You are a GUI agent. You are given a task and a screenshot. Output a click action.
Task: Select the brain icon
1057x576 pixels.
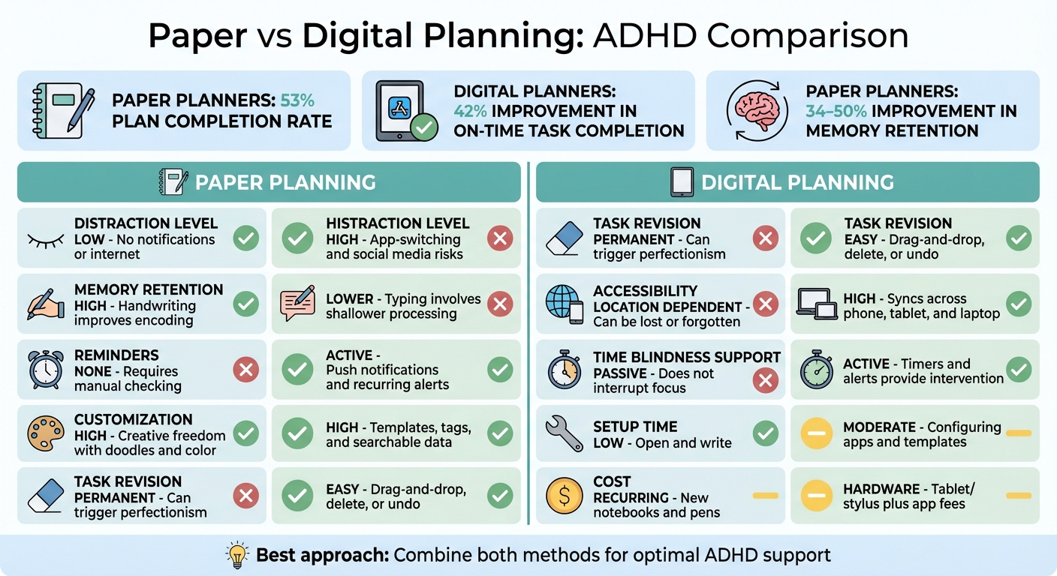[x=757, y=111]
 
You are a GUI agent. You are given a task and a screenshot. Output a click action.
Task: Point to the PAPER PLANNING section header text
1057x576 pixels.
[x=285, y=182]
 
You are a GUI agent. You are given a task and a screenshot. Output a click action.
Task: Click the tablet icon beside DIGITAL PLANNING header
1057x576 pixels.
[x=682, y=182]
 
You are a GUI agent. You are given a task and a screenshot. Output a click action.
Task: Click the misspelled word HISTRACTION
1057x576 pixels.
[x=373, y=223]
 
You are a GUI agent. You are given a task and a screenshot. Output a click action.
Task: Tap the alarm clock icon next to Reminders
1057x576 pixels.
[x=45, y=370]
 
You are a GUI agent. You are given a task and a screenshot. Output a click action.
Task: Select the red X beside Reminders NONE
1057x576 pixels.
[x=245, y=370]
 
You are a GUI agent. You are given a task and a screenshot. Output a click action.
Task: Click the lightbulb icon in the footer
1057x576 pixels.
[x=237, y=555]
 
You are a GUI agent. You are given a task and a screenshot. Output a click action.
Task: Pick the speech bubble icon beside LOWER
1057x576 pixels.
[x=297, y=304]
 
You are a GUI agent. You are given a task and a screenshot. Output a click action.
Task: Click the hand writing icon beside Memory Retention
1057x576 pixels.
[x=45, y=304]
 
